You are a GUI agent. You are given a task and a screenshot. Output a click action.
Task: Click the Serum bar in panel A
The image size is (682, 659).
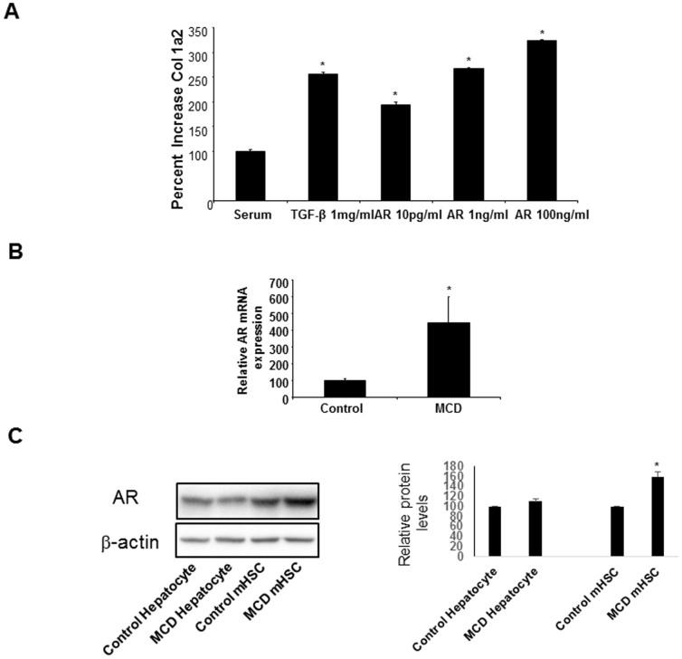point(250,177)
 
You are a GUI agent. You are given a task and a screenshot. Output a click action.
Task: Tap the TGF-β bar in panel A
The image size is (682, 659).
point(323,138)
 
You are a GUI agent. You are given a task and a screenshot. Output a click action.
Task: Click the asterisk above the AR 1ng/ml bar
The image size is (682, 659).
point(469,60)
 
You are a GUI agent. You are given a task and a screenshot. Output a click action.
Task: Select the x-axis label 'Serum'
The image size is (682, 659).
point(251,215)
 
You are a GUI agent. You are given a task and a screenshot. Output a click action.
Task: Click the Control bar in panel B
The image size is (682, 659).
point(345,387)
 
